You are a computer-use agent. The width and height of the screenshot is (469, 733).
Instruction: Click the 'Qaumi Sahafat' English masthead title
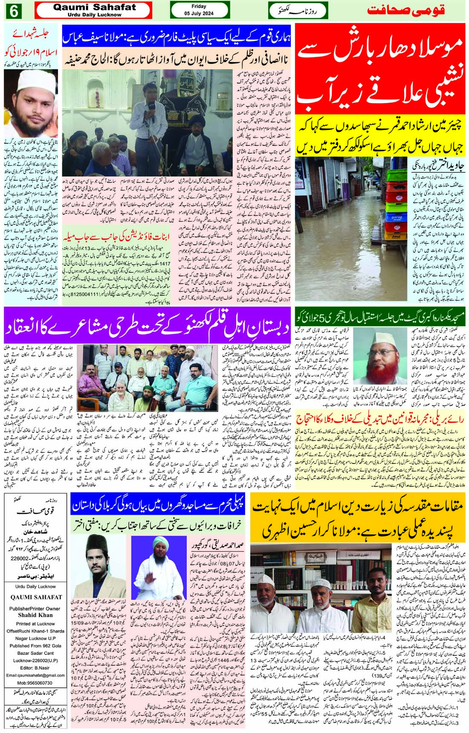coord(94,7)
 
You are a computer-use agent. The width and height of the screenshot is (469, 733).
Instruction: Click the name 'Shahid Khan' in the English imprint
coord(35,615)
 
